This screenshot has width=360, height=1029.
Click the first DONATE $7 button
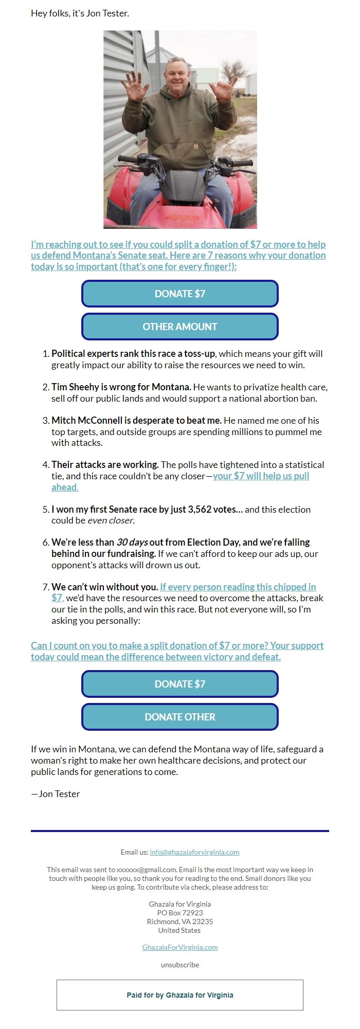click(179, 294)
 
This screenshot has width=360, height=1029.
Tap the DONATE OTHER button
click(179, 717)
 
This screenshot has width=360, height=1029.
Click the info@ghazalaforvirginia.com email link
click(194, 852)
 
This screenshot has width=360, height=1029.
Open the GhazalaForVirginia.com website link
click(179, 947)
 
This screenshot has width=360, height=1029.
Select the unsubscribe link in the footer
click(179, 965)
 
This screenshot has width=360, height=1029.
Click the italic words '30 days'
click(132, 542)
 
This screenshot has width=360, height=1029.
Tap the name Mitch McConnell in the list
click(88, 420)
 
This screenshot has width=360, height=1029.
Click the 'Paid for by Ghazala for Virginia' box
click(179, 995)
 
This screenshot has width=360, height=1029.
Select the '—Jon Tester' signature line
click(56, 794)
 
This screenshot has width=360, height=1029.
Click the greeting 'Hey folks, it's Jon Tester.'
click(80, 13)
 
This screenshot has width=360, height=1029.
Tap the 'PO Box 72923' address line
click(179, 913)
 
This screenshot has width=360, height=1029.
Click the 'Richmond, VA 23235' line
click(179, 922)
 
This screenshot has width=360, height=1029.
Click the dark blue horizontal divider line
click(179, 831)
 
